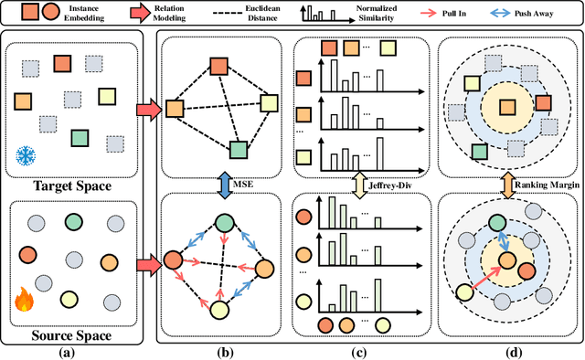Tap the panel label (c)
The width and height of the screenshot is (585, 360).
tap(360, 351)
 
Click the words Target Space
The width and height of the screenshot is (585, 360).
tap(71, 187)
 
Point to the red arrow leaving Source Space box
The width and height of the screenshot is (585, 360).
tap(144, 267)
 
